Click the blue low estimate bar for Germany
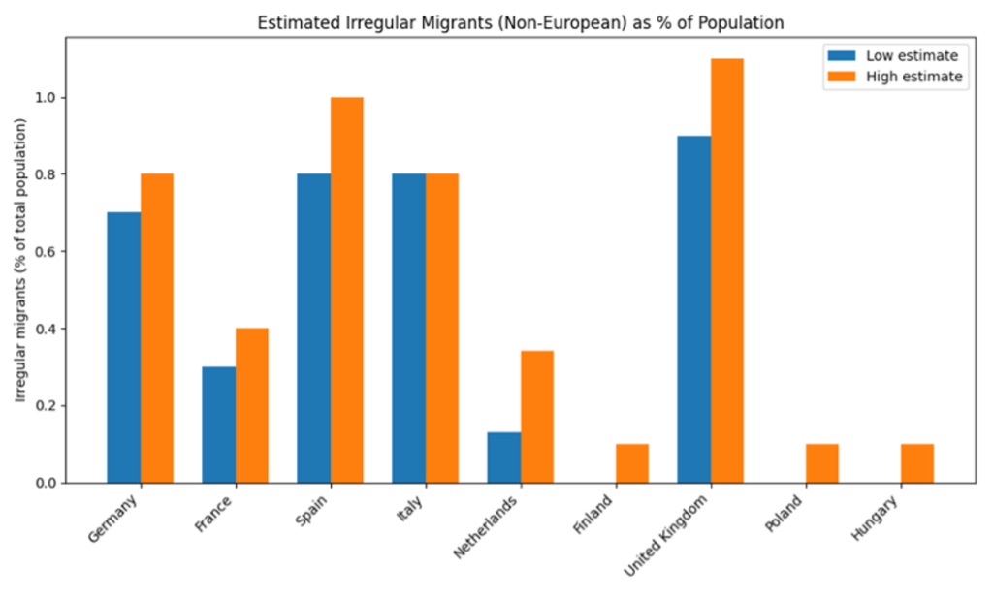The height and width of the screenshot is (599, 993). tap(123, 347)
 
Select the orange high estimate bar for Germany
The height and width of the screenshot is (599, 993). tap(157, 328)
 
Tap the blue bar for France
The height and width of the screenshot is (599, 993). tap(218, 425)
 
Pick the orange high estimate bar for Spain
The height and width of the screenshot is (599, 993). tap(347, 289)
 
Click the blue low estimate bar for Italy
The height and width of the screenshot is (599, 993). tap(408, 328)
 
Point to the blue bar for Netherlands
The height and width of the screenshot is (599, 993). tap(503, 457)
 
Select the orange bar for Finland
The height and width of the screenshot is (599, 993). tap(632, 463)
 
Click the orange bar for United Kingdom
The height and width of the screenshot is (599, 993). tap(727, 270)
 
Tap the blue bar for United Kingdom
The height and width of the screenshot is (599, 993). tap(694, 308)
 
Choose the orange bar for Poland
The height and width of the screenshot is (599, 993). tap(822, 463)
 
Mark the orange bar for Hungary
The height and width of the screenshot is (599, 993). tap(917, 463)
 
